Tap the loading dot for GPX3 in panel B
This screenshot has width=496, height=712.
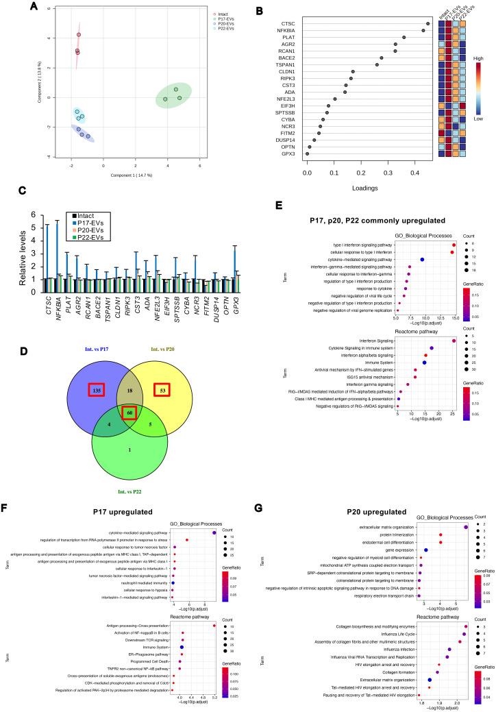click(x=307, y=154)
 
